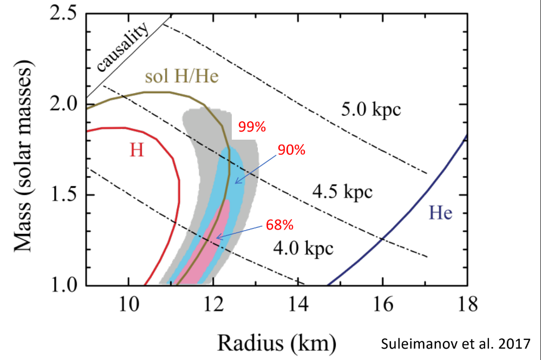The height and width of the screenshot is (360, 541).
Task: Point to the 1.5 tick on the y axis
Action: coord(63,195)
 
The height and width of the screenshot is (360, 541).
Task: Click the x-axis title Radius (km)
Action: coord(277,341)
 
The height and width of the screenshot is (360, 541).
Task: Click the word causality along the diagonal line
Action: coord(122,48)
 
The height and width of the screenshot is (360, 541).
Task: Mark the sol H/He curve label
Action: coord(181,77)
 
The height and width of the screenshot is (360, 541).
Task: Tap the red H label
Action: coord(137,150)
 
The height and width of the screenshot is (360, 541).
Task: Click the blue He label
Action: coord(441,212)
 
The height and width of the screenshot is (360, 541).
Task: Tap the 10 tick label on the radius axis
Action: coord(127,304)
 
